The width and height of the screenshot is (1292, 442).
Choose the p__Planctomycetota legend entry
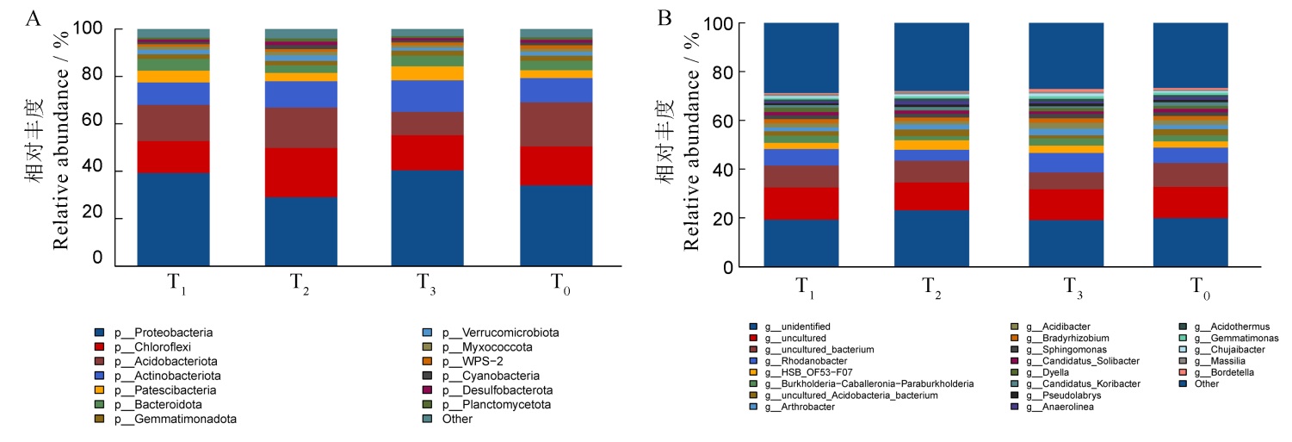(x=494, y=404)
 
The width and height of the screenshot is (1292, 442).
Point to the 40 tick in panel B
(x=721, y=170)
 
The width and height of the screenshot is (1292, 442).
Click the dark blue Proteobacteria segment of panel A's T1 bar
(x=173, y=219)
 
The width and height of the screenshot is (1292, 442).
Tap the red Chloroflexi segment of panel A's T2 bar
(x=300, y=172)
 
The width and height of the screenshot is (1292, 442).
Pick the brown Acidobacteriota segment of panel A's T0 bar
(x=556, y=124)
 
